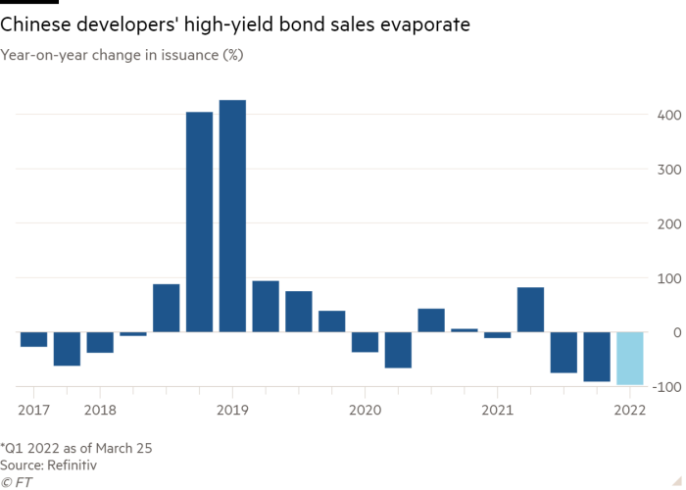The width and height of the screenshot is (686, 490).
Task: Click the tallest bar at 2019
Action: (x=232, y=216)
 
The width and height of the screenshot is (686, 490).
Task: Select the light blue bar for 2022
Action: (x=629, y=359)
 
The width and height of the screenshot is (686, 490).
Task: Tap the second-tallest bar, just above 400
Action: (x=199, y=221)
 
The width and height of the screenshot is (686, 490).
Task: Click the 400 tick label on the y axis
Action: (x=668, y=116)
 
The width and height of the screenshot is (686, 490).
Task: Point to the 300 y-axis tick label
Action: (x=668, y=170)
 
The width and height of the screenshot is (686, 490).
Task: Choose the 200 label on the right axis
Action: (x=668, y=224)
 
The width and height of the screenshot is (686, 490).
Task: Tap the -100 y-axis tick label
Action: (x=666, y=387)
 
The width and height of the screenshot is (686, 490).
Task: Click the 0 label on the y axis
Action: (x=674, y=333)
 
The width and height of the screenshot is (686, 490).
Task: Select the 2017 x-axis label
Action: (x=33, y=408)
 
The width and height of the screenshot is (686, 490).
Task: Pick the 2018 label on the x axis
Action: (x=100, y=408)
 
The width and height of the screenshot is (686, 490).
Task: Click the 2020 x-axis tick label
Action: (x=365, y=408)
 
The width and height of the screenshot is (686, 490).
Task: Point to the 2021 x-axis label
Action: (x=497, y=408)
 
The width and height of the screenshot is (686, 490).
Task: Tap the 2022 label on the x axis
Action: (x=629, y=408)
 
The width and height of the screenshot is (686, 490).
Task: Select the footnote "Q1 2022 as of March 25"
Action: (x=77, y=448)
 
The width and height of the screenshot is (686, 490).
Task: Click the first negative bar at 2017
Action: (x=33, y=340)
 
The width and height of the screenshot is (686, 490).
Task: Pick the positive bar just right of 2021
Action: (x=530, y=310)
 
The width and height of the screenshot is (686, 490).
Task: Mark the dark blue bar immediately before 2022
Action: (x=596, y=357)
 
